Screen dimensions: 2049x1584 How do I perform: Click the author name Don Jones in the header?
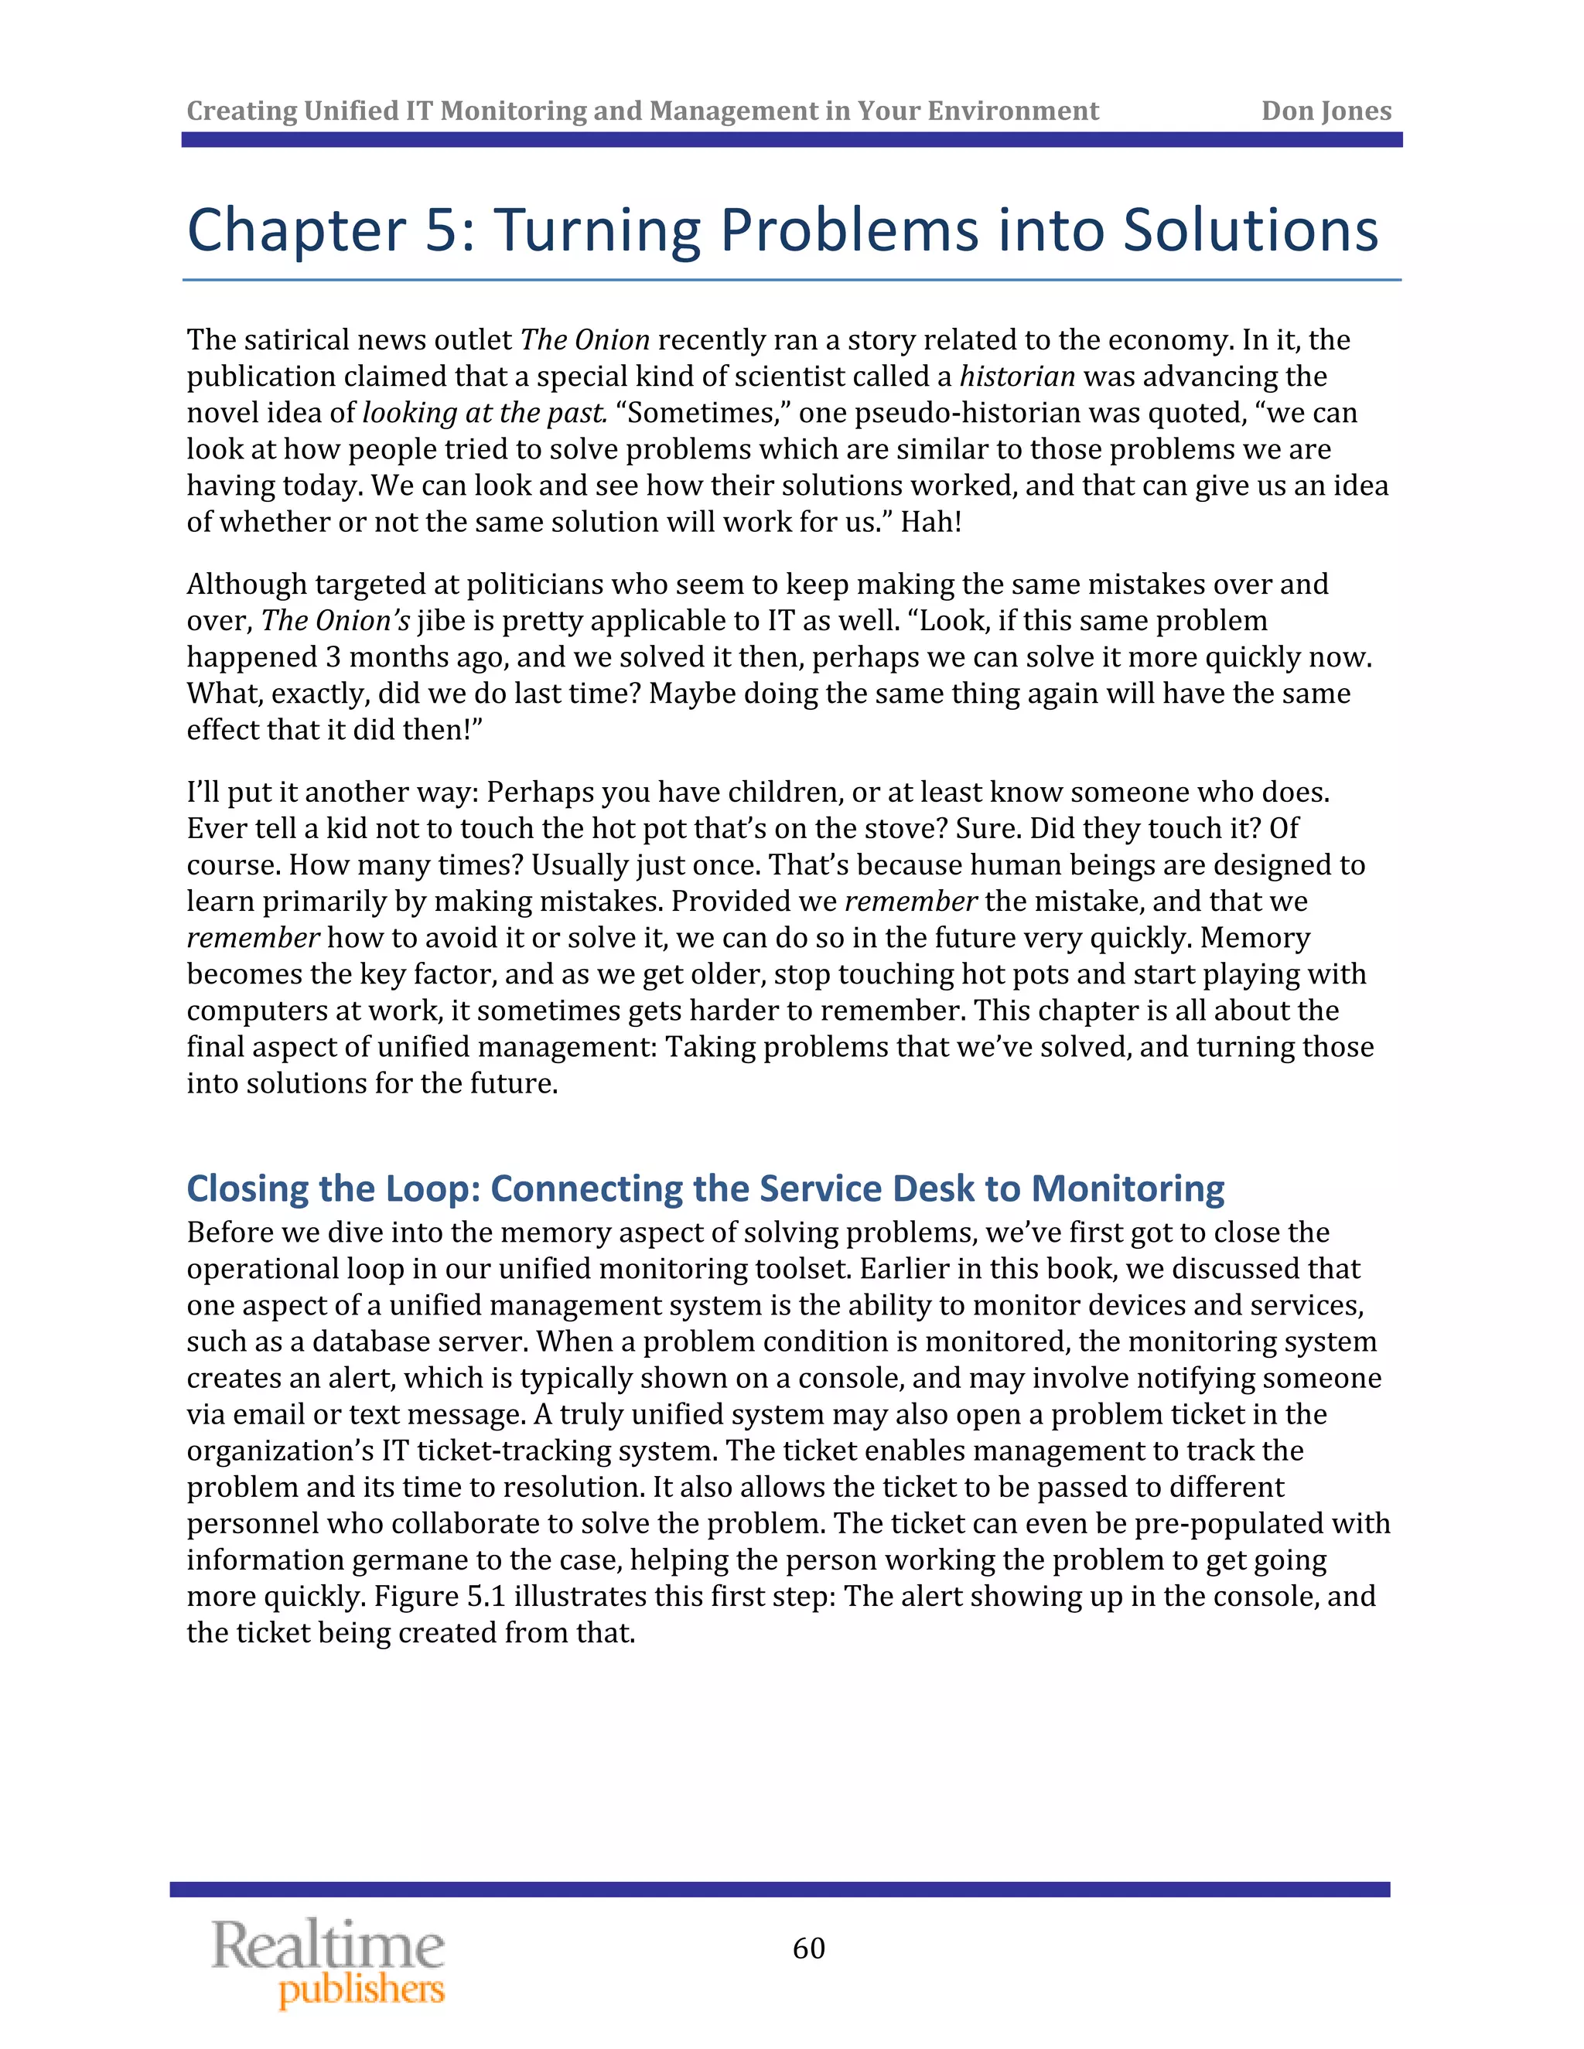1325,111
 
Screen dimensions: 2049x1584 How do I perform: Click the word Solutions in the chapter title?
1250,230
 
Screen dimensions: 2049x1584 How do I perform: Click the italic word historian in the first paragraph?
1016,377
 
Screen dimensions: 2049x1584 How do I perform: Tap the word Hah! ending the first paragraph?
931,522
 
